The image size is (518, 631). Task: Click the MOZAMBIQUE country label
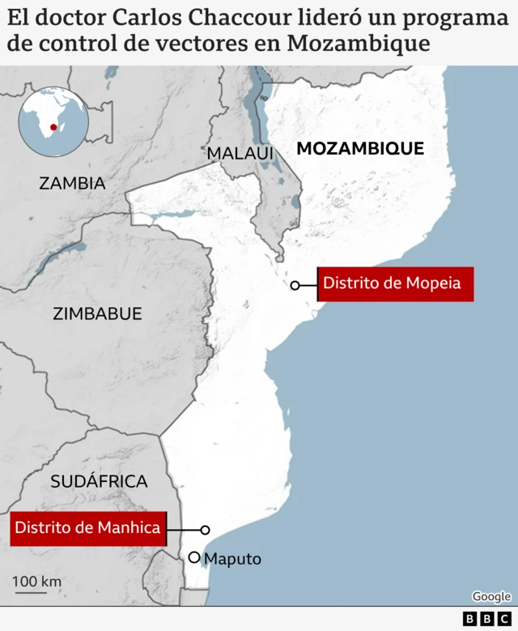[x=360, y=148]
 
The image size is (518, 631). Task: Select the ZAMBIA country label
[x=72, y=183]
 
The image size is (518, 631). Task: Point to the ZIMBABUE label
[x=97, y=313]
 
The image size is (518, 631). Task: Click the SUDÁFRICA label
[x=99, y=481]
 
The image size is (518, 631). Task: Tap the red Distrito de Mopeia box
[x=394, y=284]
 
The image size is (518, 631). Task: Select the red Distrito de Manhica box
[x=87, y=528]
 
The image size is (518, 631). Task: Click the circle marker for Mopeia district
[x=295, y=285]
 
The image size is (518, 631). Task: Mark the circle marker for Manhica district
[x=205, y=530]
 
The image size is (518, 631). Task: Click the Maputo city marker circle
[x=193, y=557]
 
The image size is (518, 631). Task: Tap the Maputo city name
[x=233, y=559]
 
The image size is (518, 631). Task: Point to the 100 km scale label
[x=36, y=582]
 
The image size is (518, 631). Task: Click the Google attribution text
[x=491, y=597]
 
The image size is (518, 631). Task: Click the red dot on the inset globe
[x=53, y=126]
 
